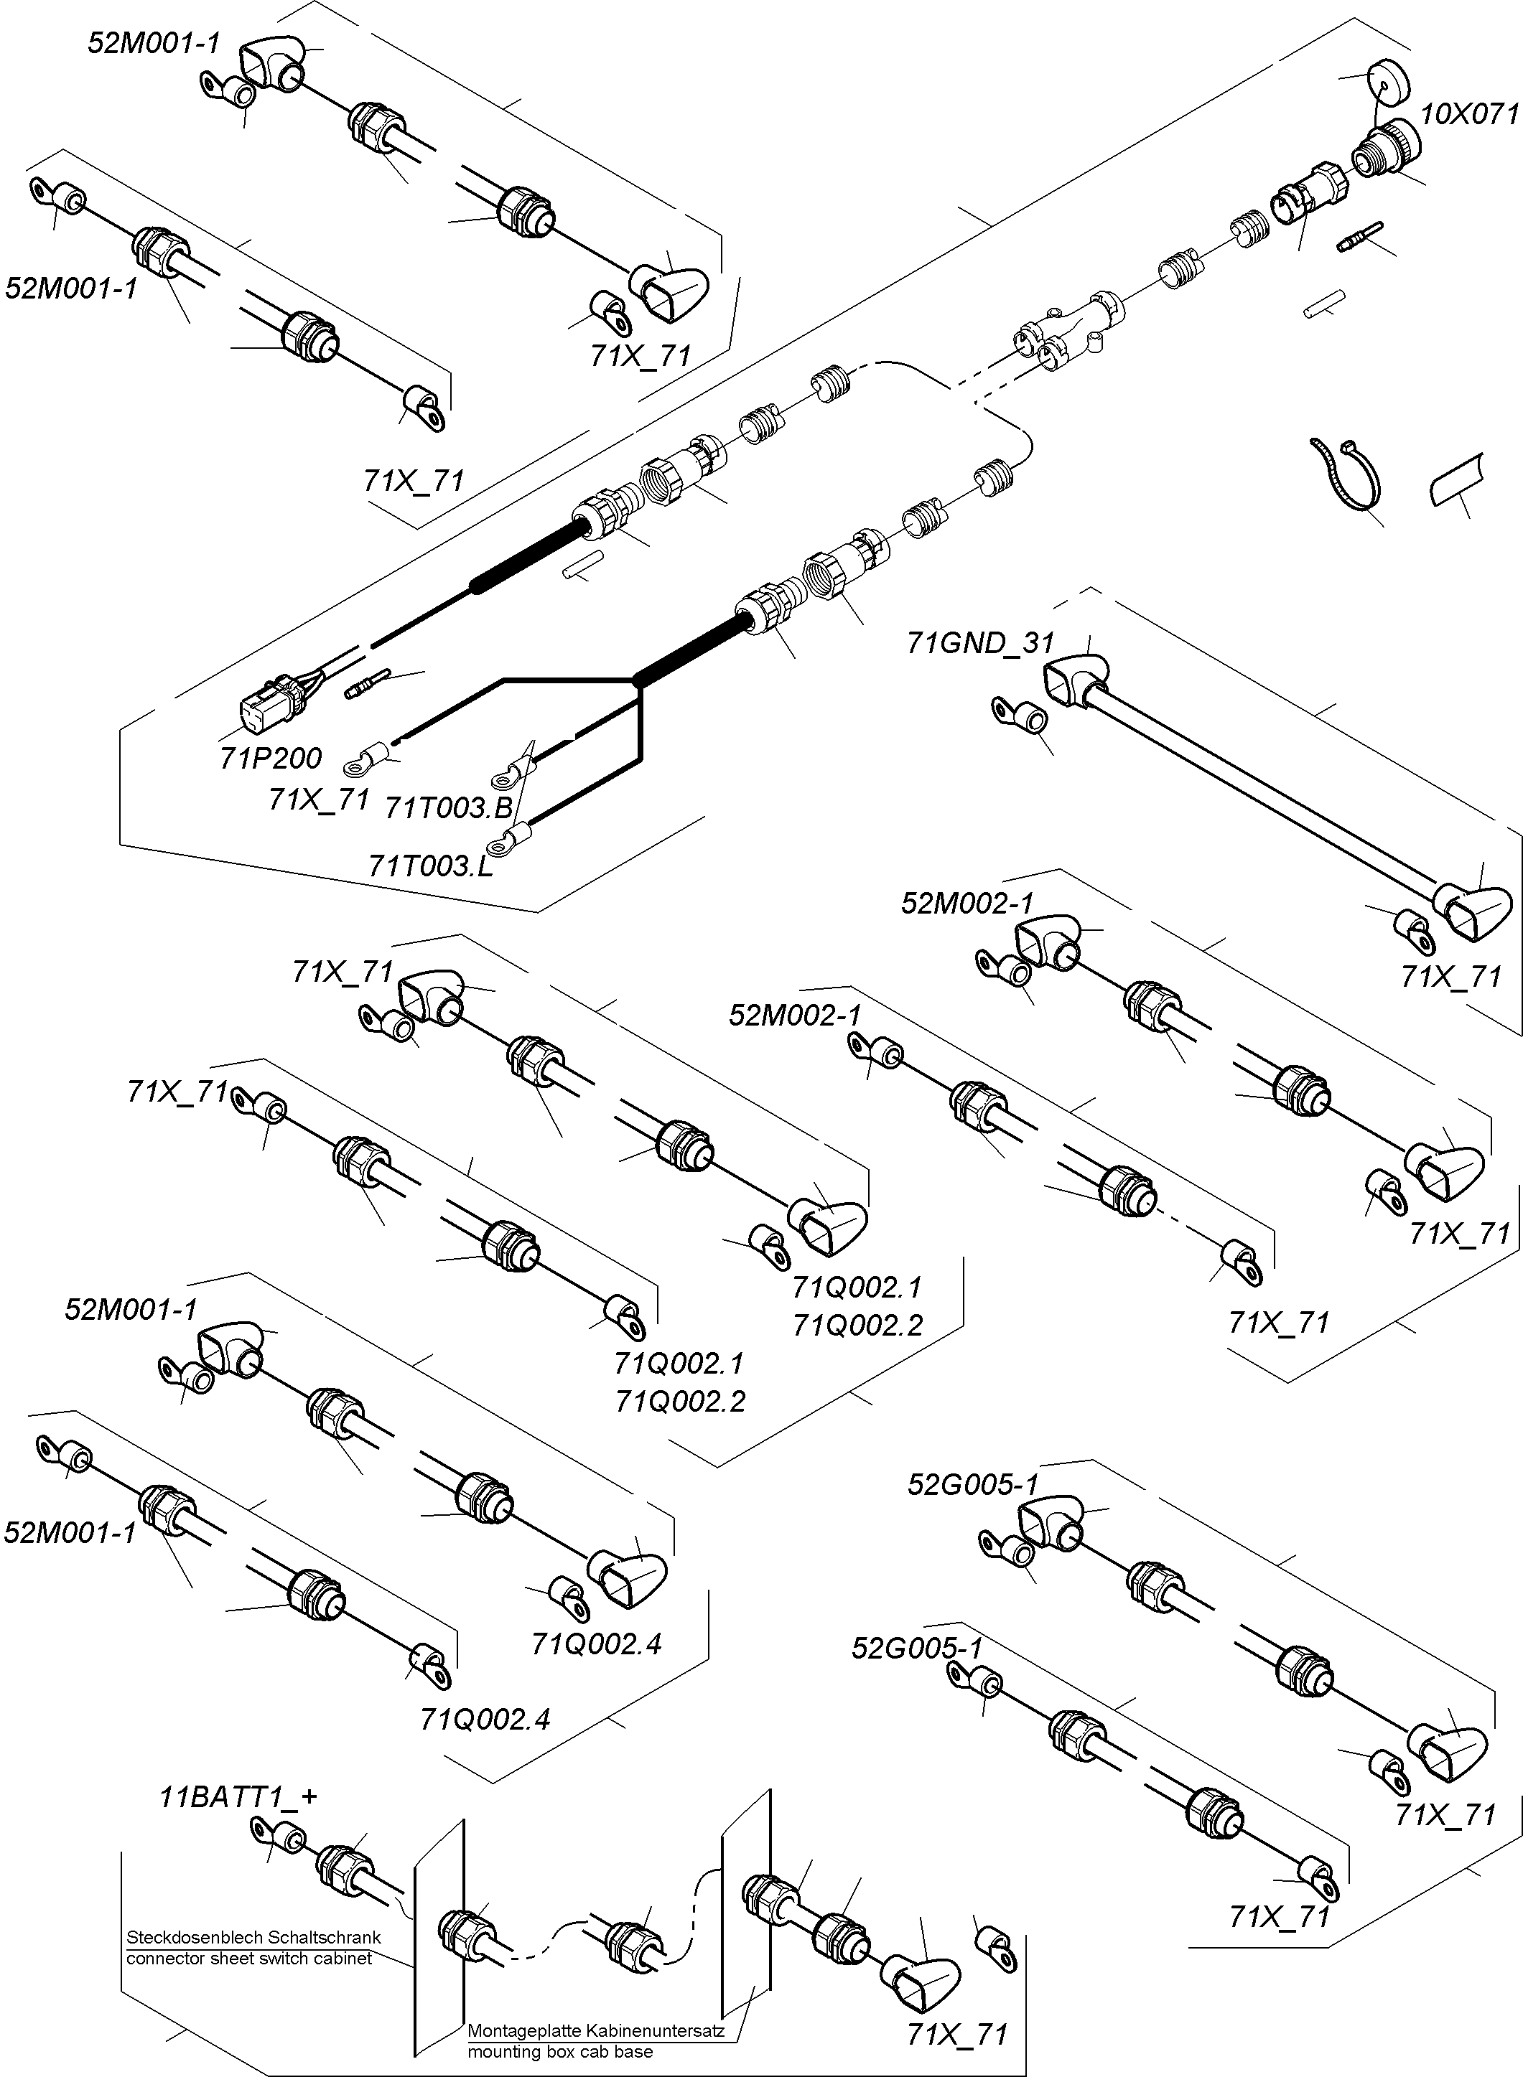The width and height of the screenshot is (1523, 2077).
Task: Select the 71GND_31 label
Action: [x=979, y=642]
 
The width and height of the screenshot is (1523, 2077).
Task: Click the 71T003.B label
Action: [x=448, y=808]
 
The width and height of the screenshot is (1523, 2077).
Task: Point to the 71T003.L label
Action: [x=431, y=866]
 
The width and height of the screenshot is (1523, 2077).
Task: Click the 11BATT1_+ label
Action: [x=238, y=1797]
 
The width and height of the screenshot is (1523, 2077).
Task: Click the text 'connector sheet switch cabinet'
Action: [x=249, y=1958]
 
